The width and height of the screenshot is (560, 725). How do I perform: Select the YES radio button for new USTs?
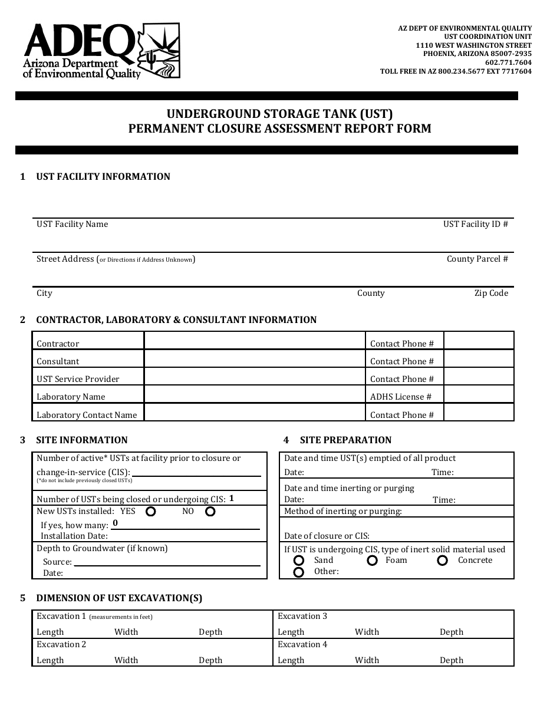click(151, 512)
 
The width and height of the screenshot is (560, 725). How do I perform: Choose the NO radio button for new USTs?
click(210, 512)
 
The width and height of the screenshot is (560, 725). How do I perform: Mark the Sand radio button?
click(299, 561)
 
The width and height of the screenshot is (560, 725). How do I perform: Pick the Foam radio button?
click(372, 561)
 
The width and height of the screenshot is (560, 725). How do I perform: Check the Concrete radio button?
click(443, 561)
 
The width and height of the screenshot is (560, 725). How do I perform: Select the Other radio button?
click(299, 572)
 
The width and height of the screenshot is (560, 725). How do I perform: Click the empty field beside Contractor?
click(254, 341)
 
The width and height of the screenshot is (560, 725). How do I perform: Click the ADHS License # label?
click(401, 397)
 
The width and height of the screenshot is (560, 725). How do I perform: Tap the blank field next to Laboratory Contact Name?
click(254, 413)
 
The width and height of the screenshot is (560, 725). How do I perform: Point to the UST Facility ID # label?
click(475, 224)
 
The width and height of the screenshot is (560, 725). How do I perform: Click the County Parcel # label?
click(477, 259)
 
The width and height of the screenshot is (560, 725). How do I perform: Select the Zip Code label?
click(491, 293)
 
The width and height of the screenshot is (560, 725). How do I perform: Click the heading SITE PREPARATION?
click(345, 440)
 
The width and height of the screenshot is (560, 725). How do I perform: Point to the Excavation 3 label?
click(302, 616)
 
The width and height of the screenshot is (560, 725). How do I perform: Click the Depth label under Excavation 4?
click(452, 660)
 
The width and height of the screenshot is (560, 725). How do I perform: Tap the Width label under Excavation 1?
click(126, 632)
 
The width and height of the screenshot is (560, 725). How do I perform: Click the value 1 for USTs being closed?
click(232, 498)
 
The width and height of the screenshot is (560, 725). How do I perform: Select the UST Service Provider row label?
click(78, 379)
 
